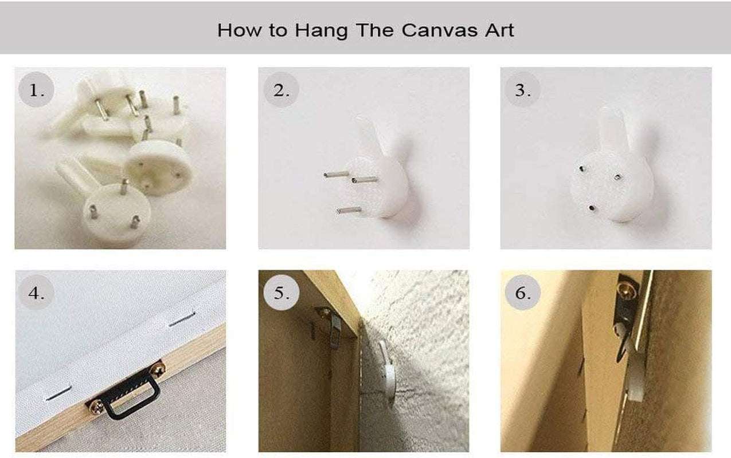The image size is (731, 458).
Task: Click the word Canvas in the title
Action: pos(440,30)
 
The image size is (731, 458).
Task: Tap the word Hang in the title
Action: pos(321,31)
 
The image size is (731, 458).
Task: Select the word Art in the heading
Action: pos(499,30)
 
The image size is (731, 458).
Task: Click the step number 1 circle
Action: pos(36,89)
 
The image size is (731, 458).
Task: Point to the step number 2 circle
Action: pos(281,90)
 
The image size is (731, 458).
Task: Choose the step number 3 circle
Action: pos(522,90)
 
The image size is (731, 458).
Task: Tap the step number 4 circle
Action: pos(36,293)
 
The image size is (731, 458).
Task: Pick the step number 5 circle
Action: pos(281,293)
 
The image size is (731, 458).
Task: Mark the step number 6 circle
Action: pos(522,293)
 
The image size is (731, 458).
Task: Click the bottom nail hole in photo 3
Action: pos(591,208)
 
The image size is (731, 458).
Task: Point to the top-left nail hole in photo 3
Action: pos(581,168)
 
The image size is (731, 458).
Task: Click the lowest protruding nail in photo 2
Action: pos(349,211)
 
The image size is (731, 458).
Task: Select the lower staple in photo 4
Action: pos(58,393)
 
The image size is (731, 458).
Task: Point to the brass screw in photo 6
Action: pos(627,290)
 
